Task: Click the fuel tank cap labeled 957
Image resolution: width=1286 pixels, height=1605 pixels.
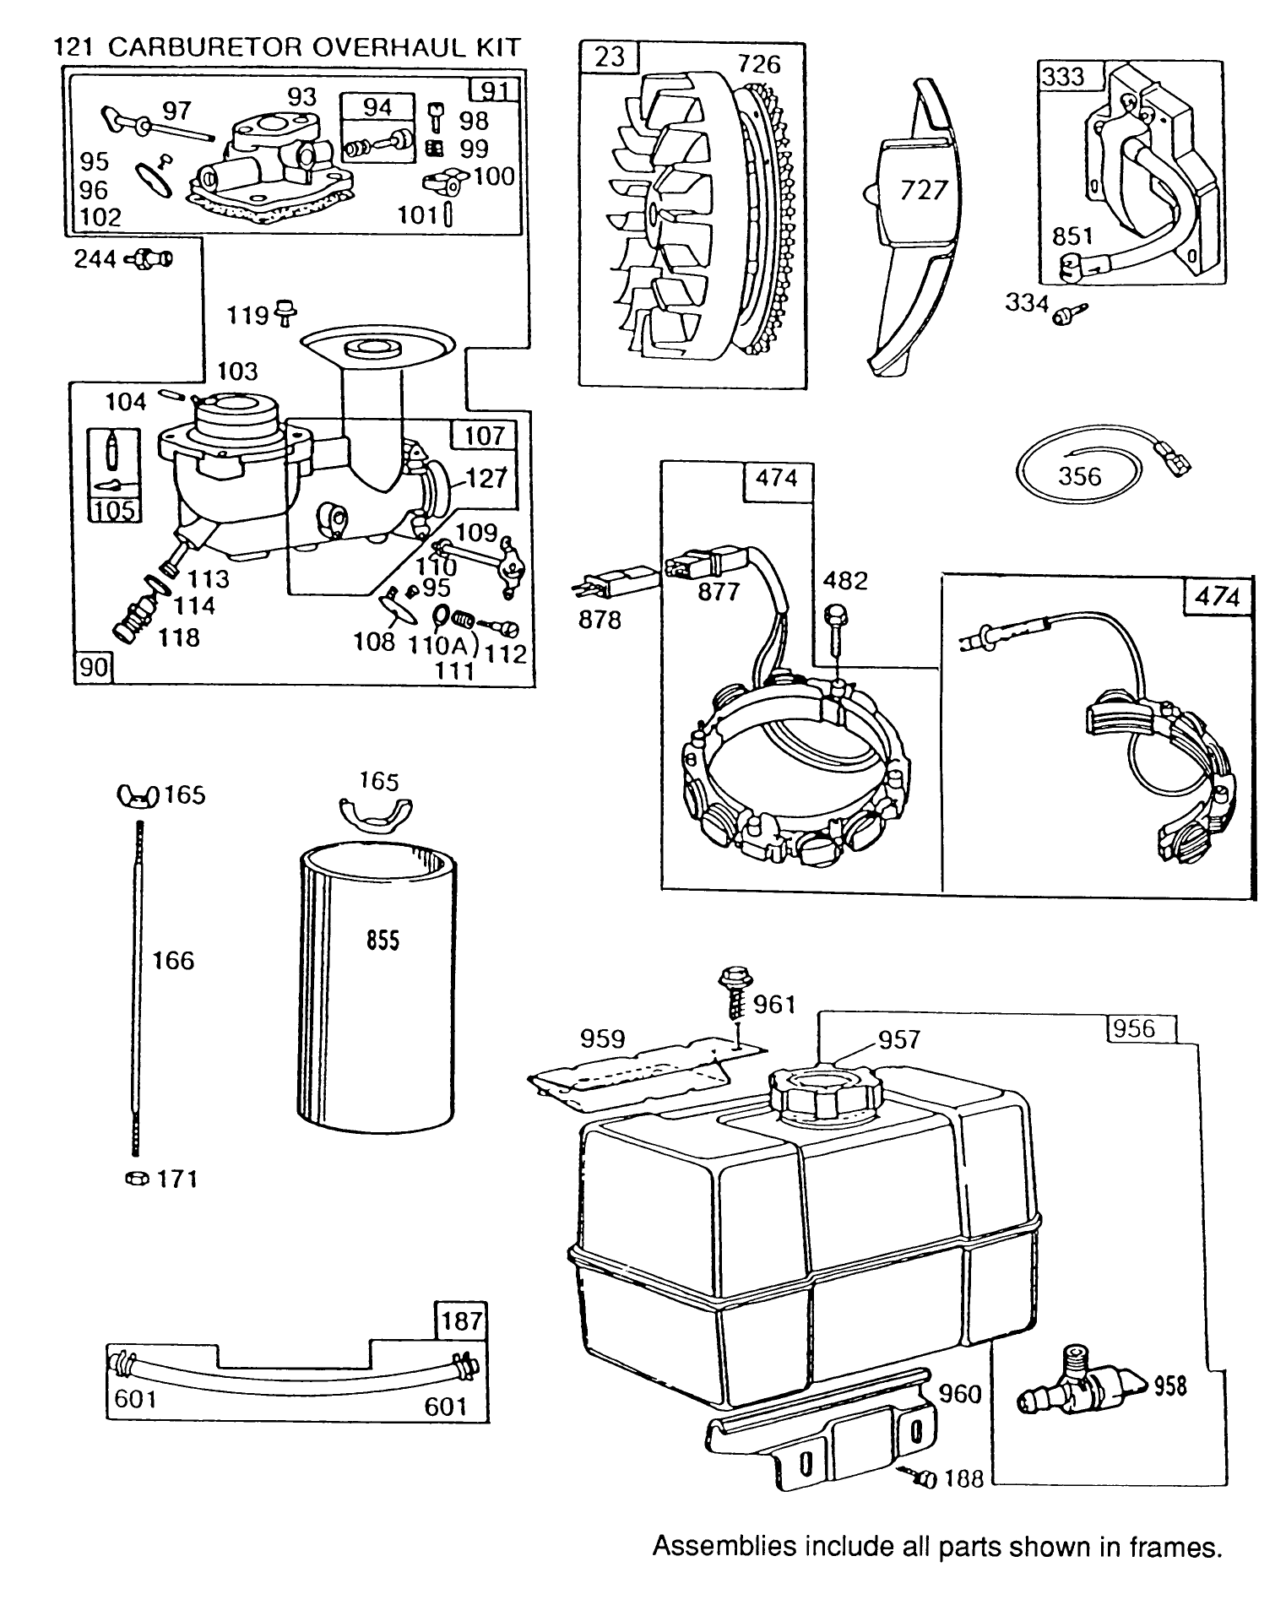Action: [x=822, y=1094]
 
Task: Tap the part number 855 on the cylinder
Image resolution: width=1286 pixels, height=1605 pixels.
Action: [x=383, y=941]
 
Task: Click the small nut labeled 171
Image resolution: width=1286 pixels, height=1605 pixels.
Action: [x=133, y=1178]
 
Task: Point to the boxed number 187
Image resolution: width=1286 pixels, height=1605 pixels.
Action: [x=461, y=1320]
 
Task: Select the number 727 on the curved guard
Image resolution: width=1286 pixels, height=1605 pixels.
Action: [x=925, y=190]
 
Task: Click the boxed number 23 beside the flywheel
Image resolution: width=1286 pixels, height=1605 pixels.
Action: [x=609, y=57]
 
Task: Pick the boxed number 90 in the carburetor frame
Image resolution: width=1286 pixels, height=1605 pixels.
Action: [x=93, y=667]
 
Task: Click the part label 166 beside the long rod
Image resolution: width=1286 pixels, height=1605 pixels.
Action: [x=173, y=960]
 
